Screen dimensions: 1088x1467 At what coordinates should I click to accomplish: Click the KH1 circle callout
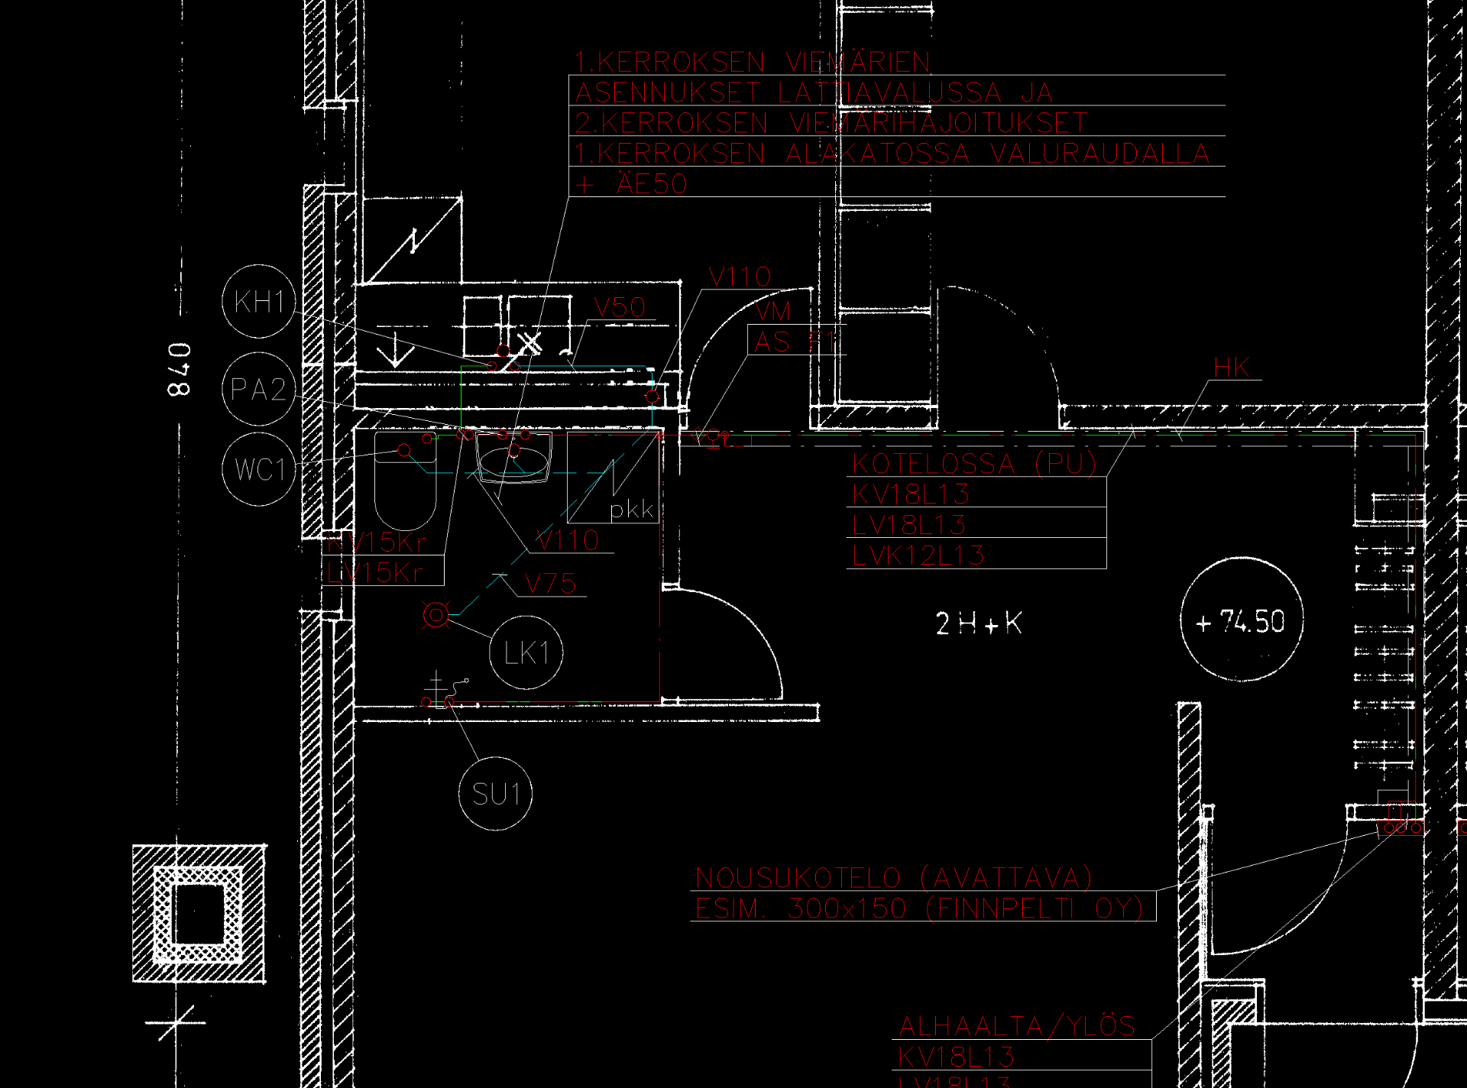258,302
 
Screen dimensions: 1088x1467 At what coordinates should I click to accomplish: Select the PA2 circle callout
258,390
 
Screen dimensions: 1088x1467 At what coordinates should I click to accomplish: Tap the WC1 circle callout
258,469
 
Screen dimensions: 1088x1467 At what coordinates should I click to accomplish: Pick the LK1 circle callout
526,652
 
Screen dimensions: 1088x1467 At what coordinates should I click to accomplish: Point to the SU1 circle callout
496,794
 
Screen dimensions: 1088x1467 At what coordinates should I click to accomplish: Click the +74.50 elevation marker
1242,620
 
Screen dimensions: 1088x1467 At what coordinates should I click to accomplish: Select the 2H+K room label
979,623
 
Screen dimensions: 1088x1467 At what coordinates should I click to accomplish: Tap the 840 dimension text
180,370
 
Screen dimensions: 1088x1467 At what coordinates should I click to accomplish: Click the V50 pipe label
620,308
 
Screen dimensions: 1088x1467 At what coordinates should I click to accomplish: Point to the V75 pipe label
550,584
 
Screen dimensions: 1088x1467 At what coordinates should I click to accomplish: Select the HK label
1232,368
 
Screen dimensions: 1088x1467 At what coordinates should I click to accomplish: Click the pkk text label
632,509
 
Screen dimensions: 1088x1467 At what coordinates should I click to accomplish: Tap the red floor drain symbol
436,614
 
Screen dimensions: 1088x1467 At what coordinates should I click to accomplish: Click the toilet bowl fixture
405,481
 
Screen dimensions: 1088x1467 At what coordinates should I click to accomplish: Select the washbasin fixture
513,458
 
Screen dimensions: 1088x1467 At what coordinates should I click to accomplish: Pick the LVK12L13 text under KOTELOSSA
918,555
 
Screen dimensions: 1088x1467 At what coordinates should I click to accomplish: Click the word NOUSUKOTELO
798,878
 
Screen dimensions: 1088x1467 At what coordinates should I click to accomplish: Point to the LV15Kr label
375,572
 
